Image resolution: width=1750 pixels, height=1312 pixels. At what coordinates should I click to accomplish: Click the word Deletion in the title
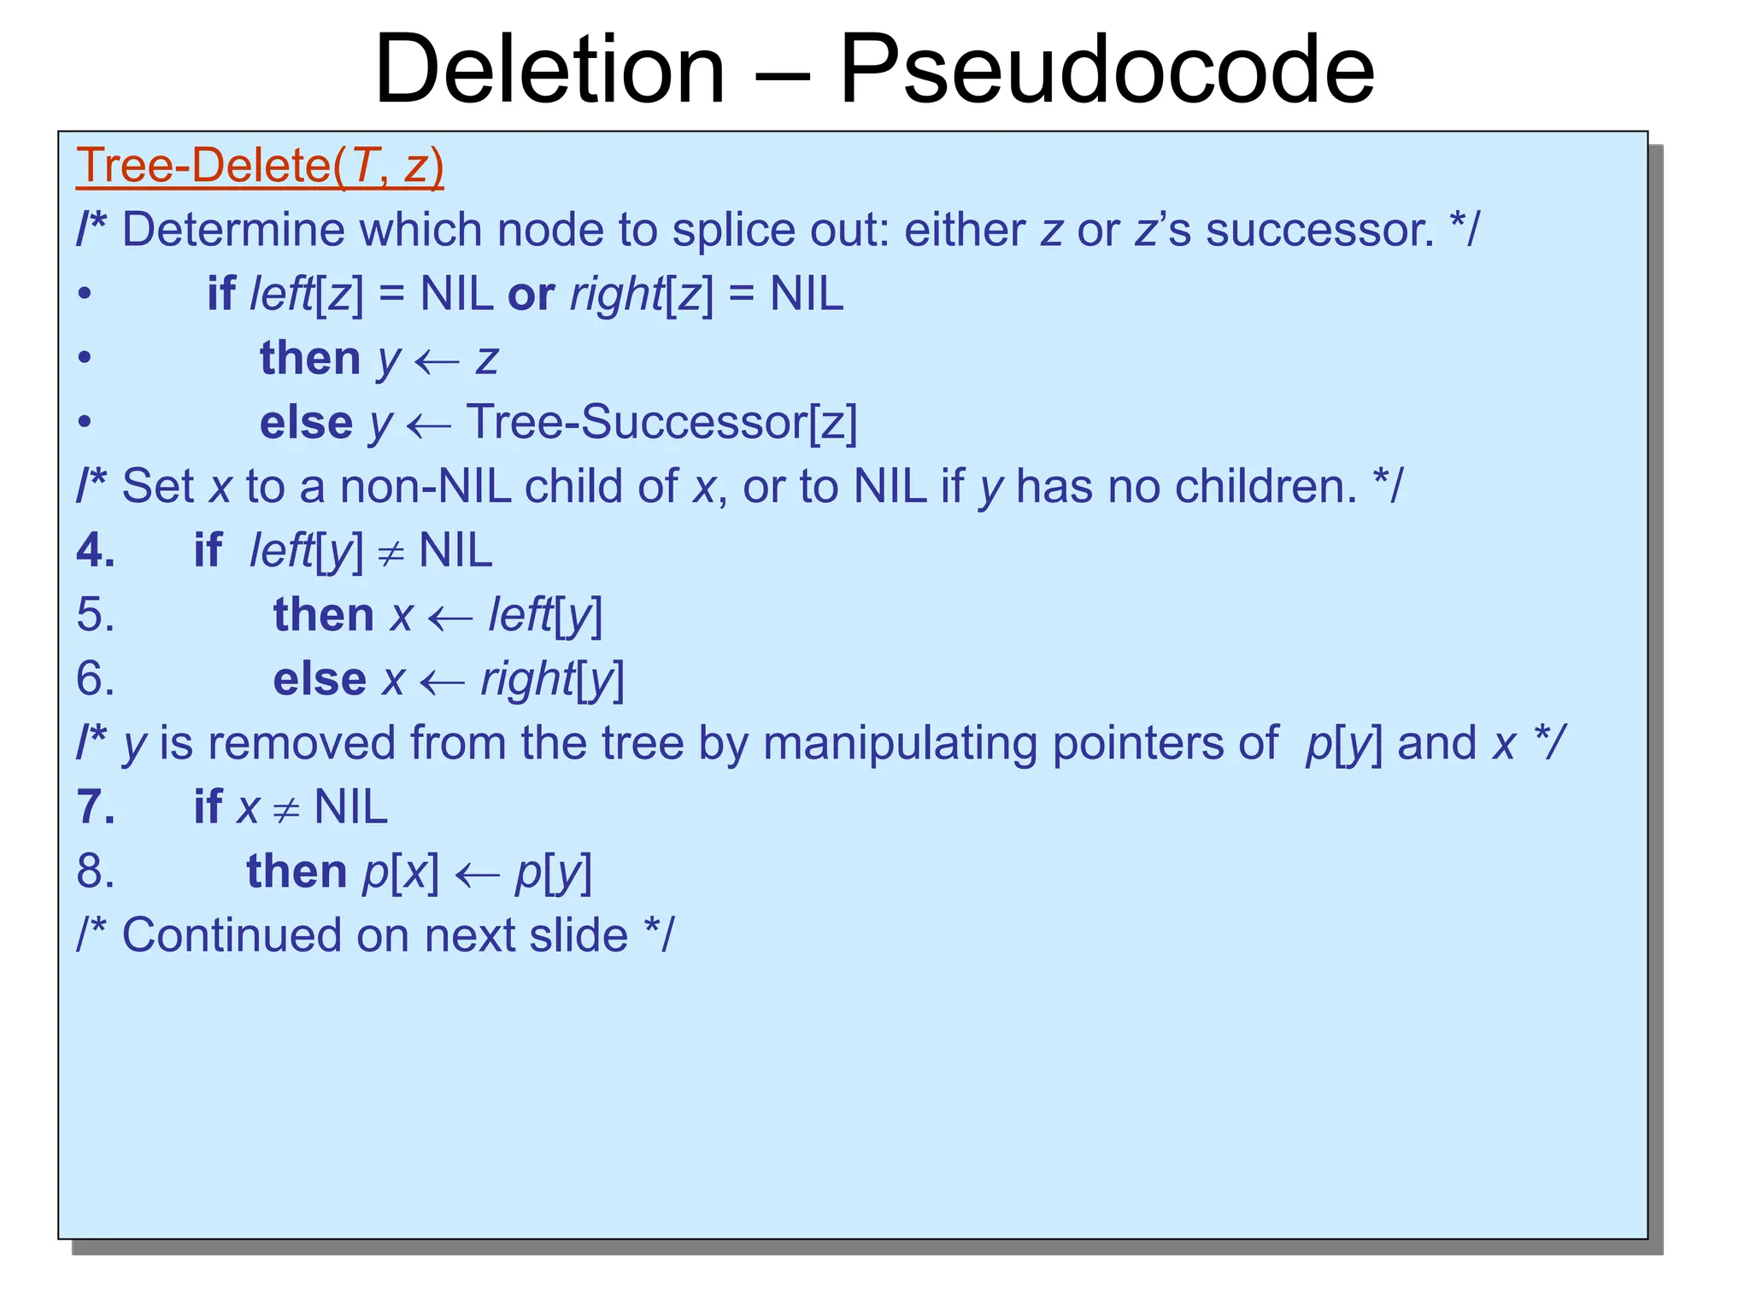coord(549,70)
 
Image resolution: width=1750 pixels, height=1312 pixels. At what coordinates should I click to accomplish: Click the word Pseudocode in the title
coord(1107,70)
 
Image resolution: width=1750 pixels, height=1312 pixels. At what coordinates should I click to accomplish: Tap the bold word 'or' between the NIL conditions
coord(531,295)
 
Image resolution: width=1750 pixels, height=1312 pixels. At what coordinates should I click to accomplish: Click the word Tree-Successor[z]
coord(661,422)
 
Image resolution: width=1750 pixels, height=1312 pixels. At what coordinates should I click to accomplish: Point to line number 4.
coord(95,550)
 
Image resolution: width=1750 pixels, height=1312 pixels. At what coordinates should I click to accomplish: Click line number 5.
coord(95,615)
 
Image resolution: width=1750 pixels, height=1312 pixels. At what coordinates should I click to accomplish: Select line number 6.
coord(95,679)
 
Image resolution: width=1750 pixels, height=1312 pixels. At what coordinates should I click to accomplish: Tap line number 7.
coord(95,807)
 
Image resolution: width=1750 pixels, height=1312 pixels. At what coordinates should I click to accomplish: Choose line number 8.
coord(95,871)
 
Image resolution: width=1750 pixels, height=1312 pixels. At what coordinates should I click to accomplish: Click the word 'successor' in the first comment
coord(1320,230)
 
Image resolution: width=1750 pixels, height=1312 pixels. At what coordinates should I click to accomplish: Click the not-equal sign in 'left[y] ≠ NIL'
coord(391,554)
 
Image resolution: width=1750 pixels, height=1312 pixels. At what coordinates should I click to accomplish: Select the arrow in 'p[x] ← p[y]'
coord(477,875)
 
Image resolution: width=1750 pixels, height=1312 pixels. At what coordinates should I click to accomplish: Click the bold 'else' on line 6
coord(319,680)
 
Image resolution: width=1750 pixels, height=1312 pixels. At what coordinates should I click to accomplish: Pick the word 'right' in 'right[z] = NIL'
coord(616,296)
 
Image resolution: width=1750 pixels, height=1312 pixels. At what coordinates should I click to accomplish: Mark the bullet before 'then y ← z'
coord(84,358)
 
